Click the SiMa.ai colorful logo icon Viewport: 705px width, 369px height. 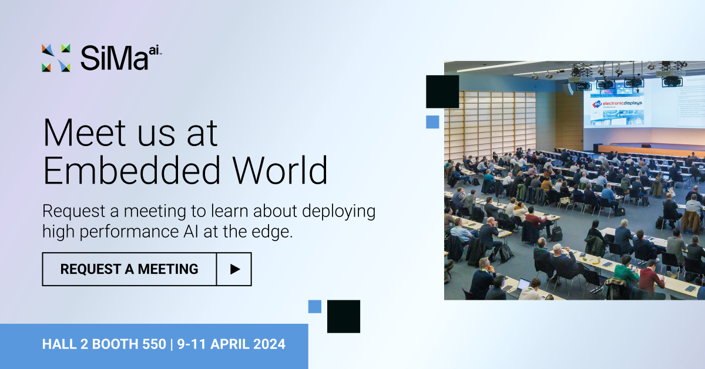pyautogui.click(x=56, y=57)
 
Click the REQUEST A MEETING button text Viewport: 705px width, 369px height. pyautogui.click(x=129, y=269)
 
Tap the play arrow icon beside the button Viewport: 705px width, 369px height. pyautogui.click(x=234, y=269)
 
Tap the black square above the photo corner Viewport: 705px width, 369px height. pyautogui.click(x=442, y=92)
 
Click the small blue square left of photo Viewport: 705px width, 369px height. pyautogui.click(x=432, y=122)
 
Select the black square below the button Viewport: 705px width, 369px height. pyautogui.click(x=343, y=316)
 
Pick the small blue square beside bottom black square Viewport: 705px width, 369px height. pyautogui.click(x=315, y=306)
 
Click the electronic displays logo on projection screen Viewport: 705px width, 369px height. pyautogui.click(x=617, y=103)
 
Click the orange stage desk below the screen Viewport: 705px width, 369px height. pyautogui.click(x=646, y=150)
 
